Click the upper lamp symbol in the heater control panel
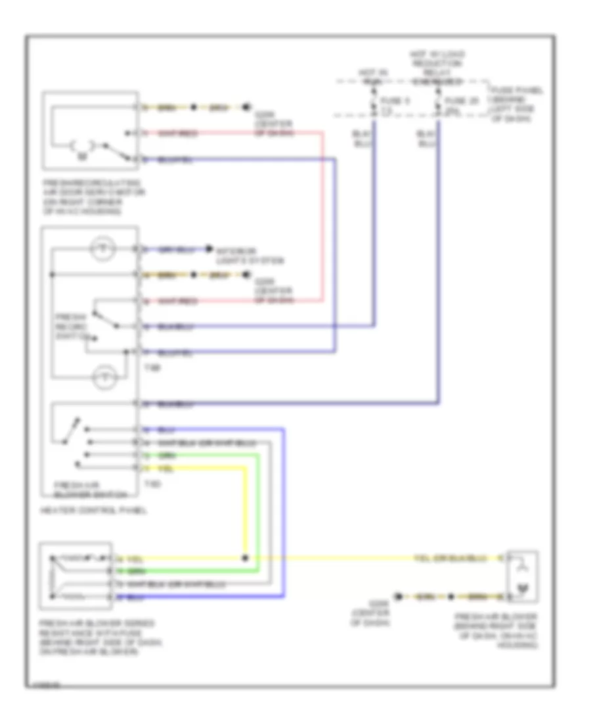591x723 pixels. [103, 249]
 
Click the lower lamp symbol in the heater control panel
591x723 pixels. [103, 376]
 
